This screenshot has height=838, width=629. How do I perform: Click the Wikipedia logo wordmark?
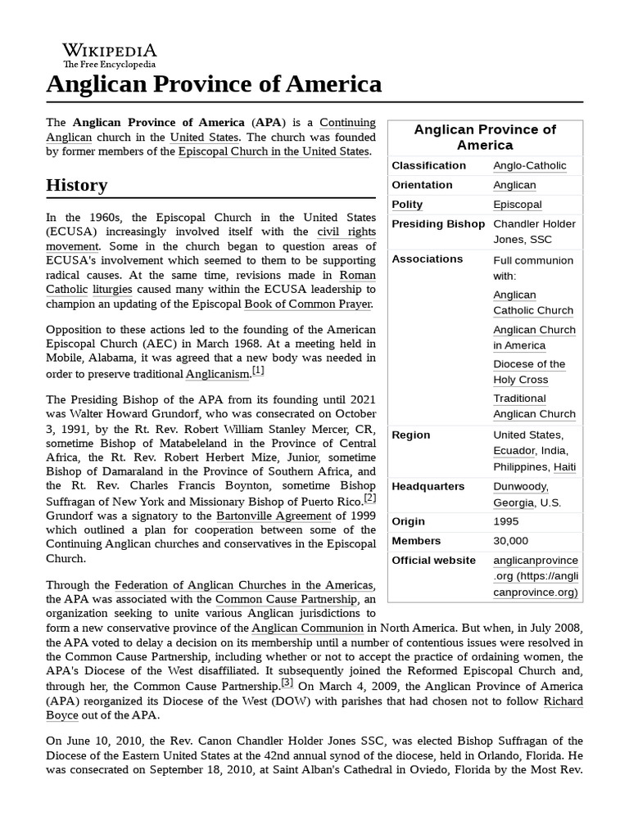click(109, 50)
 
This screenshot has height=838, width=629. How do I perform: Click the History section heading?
click(76, 186)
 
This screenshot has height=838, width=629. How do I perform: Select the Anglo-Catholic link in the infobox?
click(529, 166)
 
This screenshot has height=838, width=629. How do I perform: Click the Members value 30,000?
click(510, 541)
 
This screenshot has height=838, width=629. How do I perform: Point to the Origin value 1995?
click(505, 521)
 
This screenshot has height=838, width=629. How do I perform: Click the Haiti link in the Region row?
click(564, 467)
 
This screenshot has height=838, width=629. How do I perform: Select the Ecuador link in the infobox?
click(514, 451)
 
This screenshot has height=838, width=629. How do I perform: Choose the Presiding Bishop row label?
click(438, 224)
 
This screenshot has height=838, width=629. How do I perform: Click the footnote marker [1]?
click(258, 371)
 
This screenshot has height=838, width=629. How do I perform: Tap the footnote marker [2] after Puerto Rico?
click(370, 498)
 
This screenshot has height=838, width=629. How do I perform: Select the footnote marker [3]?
click(287, 683)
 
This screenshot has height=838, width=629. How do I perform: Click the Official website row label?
click(433, 561)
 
